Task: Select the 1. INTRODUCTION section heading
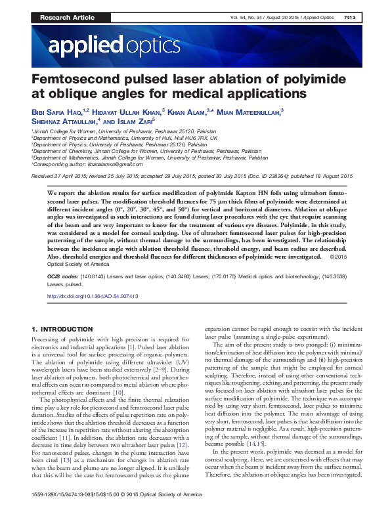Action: tap(66, 328)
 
